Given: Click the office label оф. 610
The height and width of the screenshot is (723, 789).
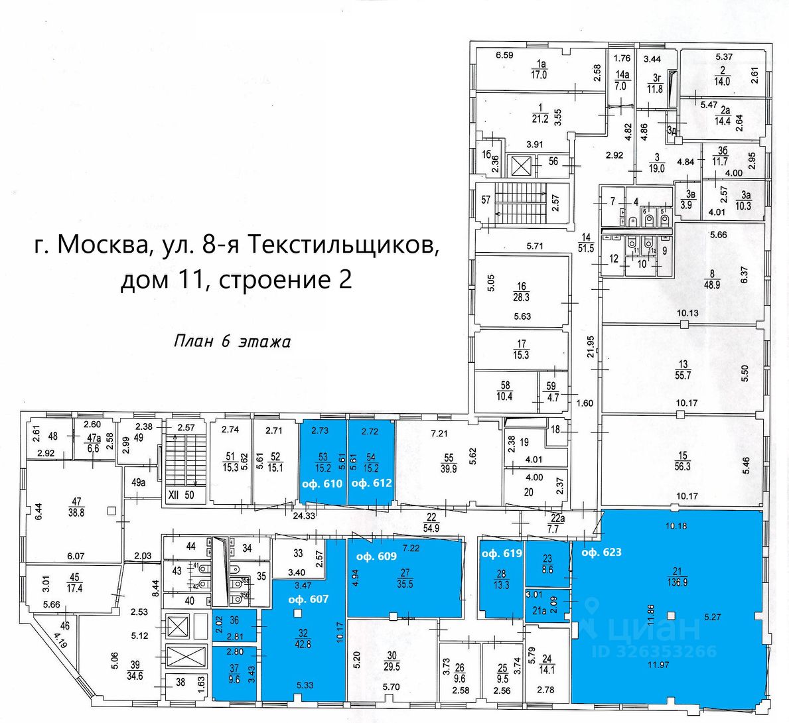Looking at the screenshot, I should (322, 484).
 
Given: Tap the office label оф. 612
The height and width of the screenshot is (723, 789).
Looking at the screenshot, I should (372, 484).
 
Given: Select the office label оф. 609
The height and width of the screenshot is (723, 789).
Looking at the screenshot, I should (377, 557).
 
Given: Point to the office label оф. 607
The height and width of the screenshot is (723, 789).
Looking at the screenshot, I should (309, 599).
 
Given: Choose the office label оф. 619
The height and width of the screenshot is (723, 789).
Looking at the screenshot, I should (502, 553).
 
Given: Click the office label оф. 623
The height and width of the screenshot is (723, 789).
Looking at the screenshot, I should (601, 552).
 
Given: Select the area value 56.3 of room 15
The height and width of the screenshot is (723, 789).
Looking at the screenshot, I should (683, 466).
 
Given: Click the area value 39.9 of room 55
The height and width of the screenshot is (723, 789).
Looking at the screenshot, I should (449, 468).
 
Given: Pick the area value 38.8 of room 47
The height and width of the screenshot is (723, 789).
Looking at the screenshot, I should (77, 512).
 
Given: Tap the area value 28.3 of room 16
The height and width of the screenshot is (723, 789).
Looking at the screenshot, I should (522, 297).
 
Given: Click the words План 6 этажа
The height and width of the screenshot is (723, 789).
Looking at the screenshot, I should (232, 342).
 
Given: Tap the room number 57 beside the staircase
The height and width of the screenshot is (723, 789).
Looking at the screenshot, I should (486, 200).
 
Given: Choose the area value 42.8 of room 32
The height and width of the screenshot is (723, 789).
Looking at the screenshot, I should (303, 643).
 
